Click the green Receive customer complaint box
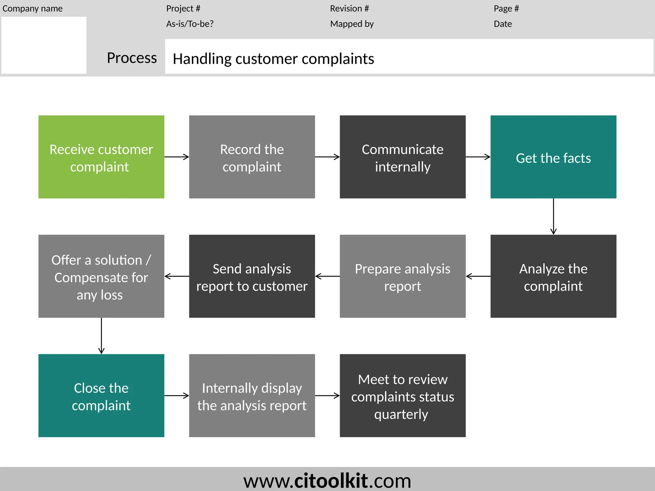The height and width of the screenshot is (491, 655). pyautogui.click(x=101, y=157)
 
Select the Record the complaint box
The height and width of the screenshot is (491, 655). pyautogui.click(x=252, y=157)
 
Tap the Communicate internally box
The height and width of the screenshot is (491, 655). pyautogui.click(x=402, y=157)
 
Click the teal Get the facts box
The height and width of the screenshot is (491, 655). pyautogui.click(x=553, y=157)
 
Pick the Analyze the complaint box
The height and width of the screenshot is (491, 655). pyautogui.click(x=553, y=276)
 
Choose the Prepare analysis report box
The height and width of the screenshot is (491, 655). pyautogui.click(x=402, y=276)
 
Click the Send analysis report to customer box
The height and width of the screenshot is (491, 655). pyautogui.click(x=252, y=276)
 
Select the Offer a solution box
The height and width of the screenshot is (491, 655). pyautogui.click(x=101, y=276)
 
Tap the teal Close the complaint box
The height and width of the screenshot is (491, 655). pyautogui.click(x=101, y=395)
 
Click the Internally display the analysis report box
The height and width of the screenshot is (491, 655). pyautogui.click(x=252, y=395)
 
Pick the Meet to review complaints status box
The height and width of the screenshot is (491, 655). pyautogui.click(x=402, y=395)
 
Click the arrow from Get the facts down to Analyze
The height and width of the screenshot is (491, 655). pyautogui.click(x=553, y=216)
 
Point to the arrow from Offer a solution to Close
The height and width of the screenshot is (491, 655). pyautogui.click(x=101, y=336)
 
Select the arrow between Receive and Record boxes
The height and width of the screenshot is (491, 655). pyautogui.click(x=177, y=157)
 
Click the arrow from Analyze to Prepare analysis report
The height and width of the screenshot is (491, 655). pyautogui.click(x=478, y=276)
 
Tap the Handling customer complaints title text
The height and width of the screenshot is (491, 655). pyautogui.click(x=273, y=59)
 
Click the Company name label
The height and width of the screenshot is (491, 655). pyautogui.click(x=32, y=9)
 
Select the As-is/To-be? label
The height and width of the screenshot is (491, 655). pyautogui.click(x=190, y=24)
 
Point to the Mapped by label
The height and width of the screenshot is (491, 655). pyautogui.click(x=352, y=24)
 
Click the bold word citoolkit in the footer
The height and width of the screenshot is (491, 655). pyautogui.click(x=331, y=480)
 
